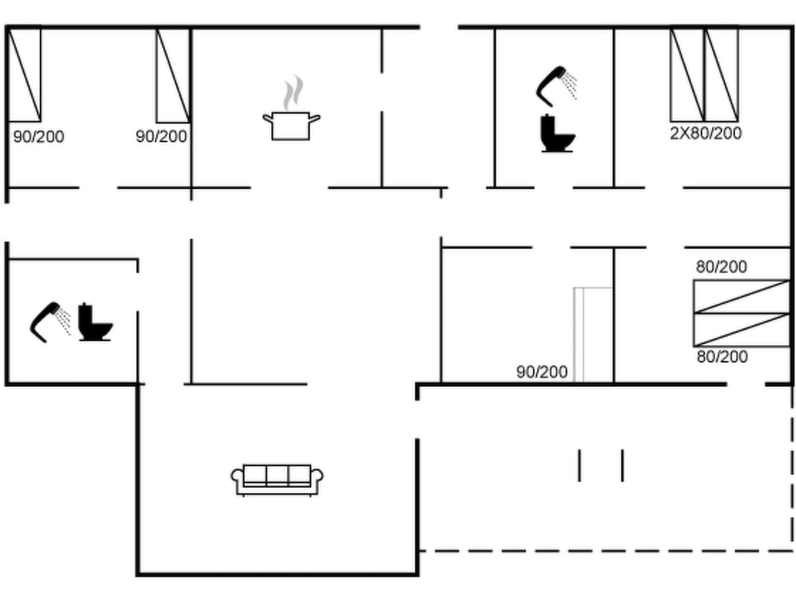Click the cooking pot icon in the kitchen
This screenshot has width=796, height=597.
pos(291,126)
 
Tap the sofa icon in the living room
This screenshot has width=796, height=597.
pos(277,480)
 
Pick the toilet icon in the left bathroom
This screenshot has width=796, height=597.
pos(95,322)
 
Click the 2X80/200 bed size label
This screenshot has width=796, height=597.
pos(706,133)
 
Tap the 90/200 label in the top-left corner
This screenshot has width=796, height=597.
pos(39,136)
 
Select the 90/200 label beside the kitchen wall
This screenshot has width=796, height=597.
pos(161,136)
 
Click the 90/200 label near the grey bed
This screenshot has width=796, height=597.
pos(542,372)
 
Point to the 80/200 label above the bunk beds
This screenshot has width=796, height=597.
pos(721,267)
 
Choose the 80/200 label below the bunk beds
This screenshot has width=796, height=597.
pos(722,356)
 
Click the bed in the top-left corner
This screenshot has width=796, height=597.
pos(24,75)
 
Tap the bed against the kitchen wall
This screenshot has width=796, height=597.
pos(173,75)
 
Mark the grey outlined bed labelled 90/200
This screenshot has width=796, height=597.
pos(594,335)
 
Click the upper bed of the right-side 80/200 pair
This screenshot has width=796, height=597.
pos(742,296)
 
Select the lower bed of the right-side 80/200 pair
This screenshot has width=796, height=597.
pos(742,330)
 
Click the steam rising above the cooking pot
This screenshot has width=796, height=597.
pos(293,93)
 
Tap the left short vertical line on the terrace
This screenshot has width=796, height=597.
pos(580,465)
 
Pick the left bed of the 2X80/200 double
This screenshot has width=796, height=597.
pos(687,75)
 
